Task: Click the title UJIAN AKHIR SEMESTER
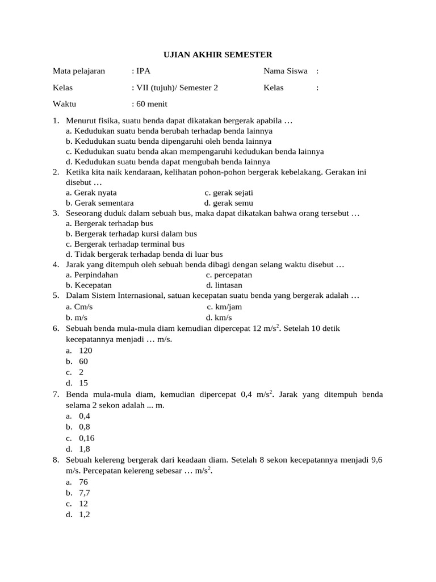tap(218, 55)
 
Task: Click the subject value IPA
tap(141, 71)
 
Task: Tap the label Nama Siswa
tap(285, 71)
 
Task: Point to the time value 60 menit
tap(149, 104)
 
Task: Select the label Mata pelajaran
tap(79, 71)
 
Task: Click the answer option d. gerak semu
tap(229, 203)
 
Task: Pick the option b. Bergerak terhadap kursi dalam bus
tap(131, 234)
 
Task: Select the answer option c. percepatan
tap(229, 275)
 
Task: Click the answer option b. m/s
tap(77, 317)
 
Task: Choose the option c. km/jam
tap(224, 307)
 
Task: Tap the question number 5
tap(56, 296)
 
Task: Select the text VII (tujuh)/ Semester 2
tap(174, 88)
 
